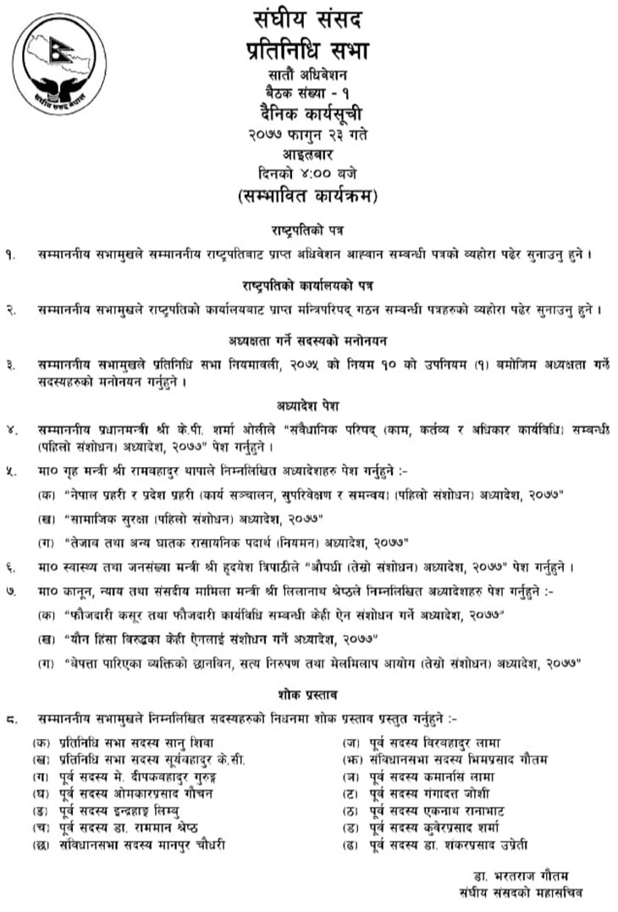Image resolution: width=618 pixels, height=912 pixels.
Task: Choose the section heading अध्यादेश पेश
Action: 309,405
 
